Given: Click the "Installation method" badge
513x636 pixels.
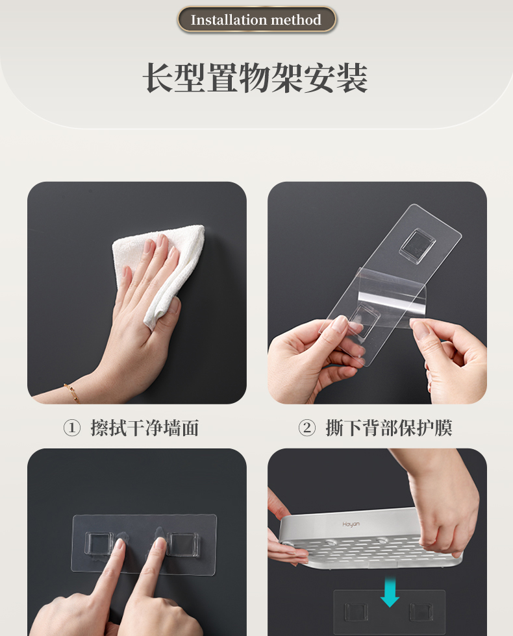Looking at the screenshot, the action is [x=256, y=19].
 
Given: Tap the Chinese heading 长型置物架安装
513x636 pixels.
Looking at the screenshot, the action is [x=256, y=78].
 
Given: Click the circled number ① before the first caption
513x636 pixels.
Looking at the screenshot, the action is [x=71, y=428].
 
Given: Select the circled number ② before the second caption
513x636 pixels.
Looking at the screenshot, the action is [x=307, y=428].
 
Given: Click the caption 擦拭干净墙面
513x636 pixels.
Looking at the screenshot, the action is [x=144, y=428].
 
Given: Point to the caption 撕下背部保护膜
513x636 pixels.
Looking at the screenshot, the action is [x=389, y=428].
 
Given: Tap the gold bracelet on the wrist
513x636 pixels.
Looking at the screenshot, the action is [x=71, y=393].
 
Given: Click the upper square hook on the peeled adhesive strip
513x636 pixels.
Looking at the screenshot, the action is [x=417, y=243].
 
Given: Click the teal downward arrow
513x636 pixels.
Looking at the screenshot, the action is [x=390, y=591].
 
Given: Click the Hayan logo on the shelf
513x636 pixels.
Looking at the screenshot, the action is [x=351, y=524].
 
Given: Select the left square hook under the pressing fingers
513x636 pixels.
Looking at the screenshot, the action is [x=99, y=544].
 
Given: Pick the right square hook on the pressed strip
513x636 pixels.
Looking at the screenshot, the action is [x=184, y=544].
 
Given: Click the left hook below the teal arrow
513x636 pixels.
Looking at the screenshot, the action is [x=356, y=611].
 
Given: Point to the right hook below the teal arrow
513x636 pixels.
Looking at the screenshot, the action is [x=421, y=611].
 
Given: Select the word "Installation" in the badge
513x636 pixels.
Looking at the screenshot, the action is [x=223, y=19].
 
